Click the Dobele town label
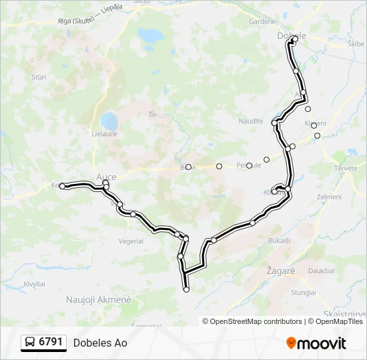tap(291, 35)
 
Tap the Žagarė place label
tap(280, 272)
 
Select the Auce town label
tap(107, 177)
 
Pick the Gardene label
tap(262, 21)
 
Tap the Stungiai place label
tap(304, 292)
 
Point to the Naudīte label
tap(251, 121)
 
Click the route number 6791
tap(51, 342)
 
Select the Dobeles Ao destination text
tap(100, 343)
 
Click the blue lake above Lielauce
tap(109, 121)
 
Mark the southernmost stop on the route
tap(186, 289)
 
